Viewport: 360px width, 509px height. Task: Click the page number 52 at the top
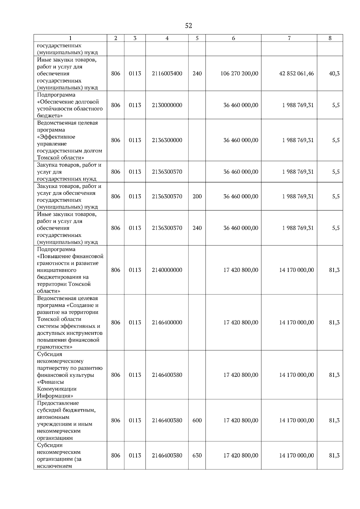click(x=188, y=26)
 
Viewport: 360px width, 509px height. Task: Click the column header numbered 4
click(x=167, y=38)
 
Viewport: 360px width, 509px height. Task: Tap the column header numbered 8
click(x=330, y=38)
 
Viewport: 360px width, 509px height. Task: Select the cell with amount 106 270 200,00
click(x=239, y=73)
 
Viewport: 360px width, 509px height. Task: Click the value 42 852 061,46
click(x=296, y=73)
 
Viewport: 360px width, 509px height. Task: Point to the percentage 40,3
click(x=334, y=73)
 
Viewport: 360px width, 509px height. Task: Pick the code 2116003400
click(x=167, y=73)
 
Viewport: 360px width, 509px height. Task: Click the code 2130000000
click(x=167, y=105)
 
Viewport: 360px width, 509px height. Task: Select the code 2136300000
click(x=167, y=140)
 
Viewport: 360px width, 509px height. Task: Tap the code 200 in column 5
click(x=197, y=196)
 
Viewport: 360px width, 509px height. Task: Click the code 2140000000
click(x=167, y=270)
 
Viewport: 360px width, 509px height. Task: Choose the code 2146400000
click(x=167, y=323)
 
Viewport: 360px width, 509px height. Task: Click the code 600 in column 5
click(x=197, y=420)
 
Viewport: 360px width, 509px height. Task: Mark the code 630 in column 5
click(x=197, y=455)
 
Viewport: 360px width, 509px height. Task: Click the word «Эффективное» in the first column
click(x=56, y=137)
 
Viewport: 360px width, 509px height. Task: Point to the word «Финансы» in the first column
click(x=50, y=382)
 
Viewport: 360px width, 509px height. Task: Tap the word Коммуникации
click(x=57, y=389)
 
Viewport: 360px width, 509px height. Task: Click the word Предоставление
click(x=58, y=403)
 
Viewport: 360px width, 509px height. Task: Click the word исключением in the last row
click(x=55, y=466)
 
